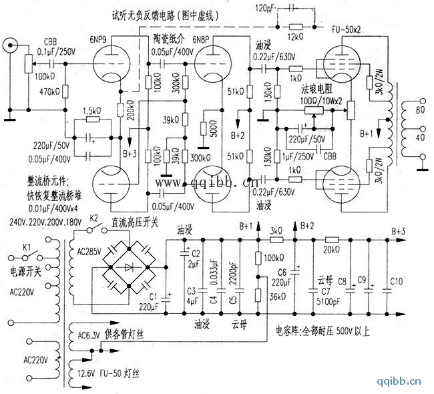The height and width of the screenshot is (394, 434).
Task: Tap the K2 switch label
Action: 94,219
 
